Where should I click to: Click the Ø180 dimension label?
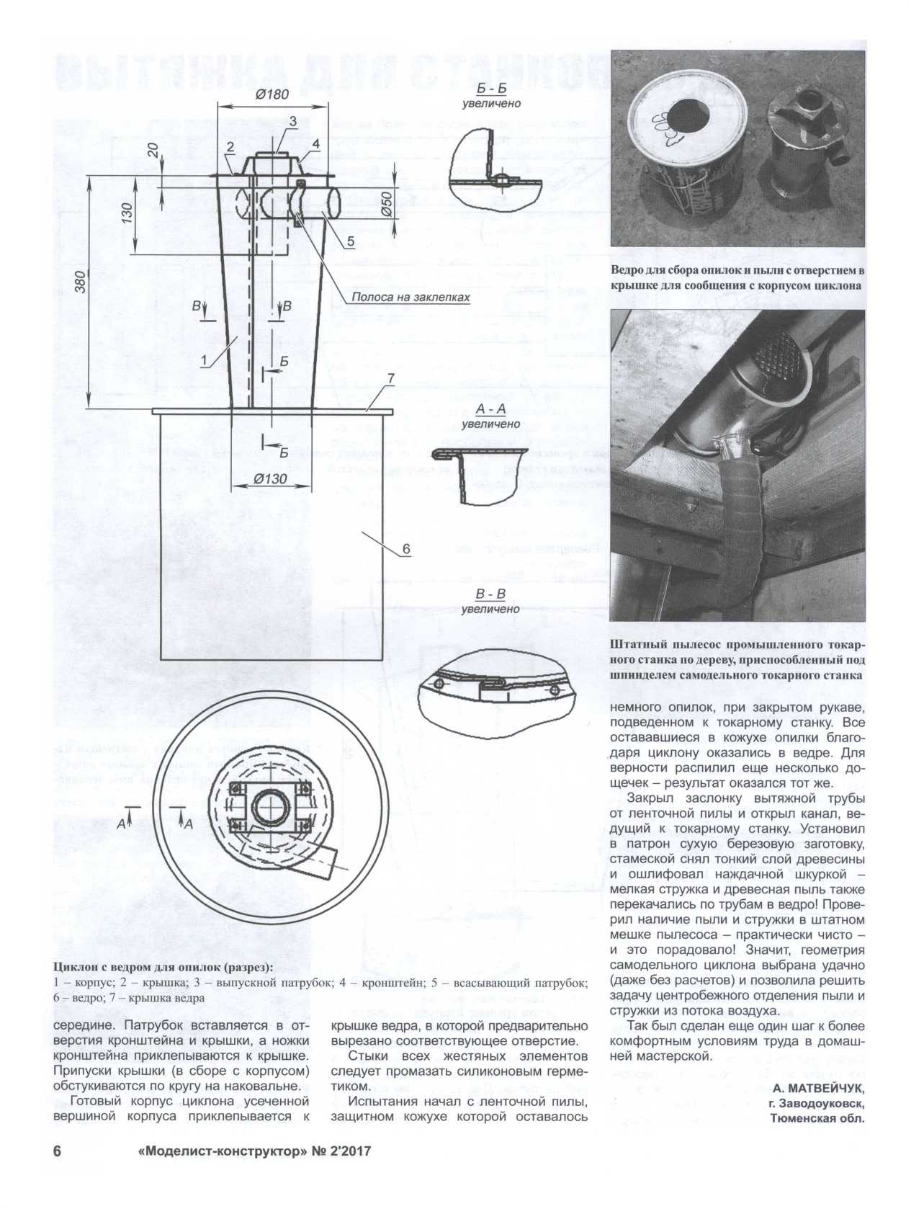pyautogui.click(x=272, y=94)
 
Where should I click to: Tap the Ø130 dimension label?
pyautogui.click(x=271, y=479)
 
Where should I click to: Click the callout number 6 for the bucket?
pyautogui.click(x=405, y=549)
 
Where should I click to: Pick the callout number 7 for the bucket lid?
pyautogui.click(x=390, y=378)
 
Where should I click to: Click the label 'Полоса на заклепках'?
pyautogui.click(x=411, y=297)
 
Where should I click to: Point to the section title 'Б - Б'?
pyautogui.click(x=491, y=89)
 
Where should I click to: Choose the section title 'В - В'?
pyautogui.click(x=490, y=595)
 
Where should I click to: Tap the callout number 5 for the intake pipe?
pyautogui.click(x=351, y=241)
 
